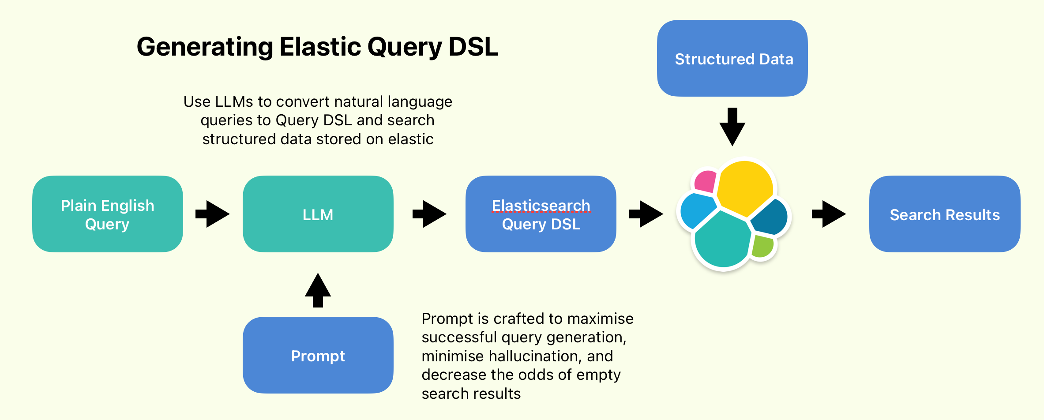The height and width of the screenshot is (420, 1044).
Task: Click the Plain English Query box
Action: click(107, 214)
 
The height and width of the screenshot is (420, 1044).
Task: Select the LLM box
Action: click(318, 214)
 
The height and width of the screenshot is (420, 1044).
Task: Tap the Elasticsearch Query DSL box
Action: click(541, 214)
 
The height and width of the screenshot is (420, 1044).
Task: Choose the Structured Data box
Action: click(732, 58)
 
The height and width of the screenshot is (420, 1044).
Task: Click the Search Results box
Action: click(944, 214)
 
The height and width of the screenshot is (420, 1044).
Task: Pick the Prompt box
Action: click(318, 355)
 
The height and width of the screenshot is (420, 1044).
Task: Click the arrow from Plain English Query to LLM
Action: click(213, 214)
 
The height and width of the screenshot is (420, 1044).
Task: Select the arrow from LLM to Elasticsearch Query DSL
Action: click(429, 214)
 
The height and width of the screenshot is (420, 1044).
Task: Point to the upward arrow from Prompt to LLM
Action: click(318, 290)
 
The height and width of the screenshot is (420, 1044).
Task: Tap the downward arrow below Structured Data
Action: click(732, 127)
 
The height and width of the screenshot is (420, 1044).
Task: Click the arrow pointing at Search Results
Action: click(829, 214)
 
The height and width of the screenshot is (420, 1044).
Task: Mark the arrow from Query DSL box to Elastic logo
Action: click(646, 214)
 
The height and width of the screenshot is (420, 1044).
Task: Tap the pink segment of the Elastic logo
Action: click(706, 181)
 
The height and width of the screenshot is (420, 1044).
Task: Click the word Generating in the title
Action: click(205, 47)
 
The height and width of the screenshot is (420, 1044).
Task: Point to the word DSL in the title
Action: click(473, 46)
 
